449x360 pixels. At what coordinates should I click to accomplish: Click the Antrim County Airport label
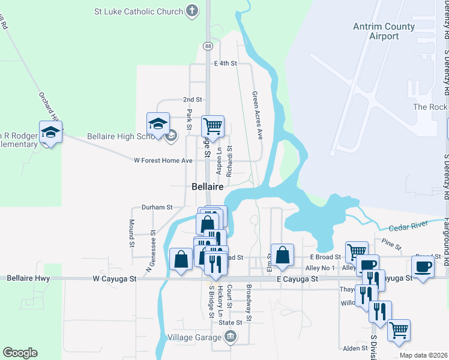(x=384, y=31)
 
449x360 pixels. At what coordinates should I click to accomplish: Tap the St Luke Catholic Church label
(x=139, y=11)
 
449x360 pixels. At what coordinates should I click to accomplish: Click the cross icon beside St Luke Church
(x=191, y=10)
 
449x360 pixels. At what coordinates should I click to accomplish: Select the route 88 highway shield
(x=208, y=46)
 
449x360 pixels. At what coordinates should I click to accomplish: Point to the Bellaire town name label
(x=208, y=187)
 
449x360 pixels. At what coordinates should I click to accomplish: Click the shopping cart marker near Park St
(x=212, y=126)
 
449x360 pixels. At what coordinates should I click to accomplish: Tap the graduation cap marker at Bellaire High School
(x=158, y=124)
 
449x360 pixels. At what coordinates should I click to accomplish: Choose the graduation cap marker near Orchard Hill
(x=51, y=132)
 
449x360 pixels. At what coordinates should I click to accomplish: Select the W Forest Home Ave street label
(x=163, y=160)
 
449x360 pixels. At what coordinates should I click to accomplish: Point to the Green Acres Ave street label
(x=258, y=115)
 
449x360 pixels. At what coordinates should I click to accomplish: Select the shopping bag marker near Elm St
(x=282, y=255)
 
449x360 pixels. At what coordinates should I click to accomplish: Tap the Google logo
(x=20, y=353)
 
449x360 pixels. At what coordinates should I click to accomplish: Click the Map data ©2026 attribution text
(x=423, y=355)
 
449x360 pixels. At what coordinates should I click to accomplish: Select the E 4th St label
(x=226, y=63)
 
